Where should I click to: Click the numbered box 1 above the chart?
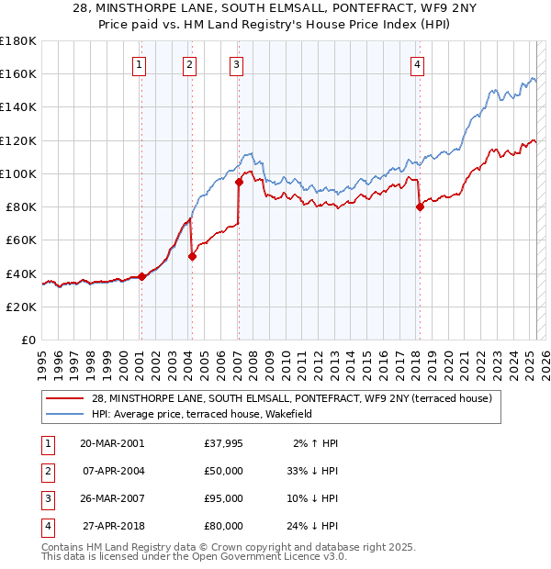139,64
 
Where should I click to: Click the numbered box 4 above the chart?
417,64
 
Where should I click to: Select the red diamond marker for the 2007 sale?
238,182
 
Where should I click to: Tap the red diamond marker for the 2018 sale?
420,206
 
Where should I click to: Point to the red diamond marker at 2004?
192,257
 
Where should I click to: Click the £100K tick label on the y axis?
18,173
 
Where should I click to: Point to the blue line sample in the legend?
65,414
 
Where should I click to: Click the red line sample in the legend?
65,398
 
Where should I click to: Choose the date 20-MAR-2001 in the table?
111,443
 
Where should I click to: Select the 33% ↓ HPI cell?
312,471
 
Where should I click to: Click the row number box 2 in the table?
45,471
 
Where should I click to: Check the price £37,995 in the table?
223,443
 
